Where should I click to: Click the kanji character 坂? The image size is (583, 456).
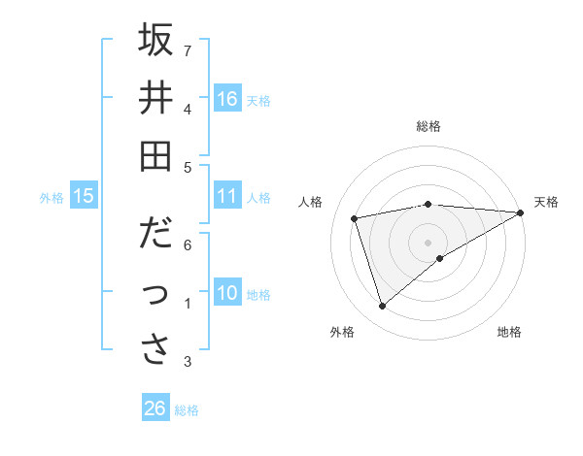coord(155,42)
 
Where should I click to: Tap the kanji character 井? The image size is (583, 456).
coord(155,98)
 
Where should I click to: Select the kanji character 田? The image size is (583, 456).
coord(155,154)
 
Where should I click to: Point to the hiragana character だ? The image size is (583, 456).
coord(155,235)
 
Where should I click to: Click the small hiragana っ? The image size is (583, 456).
coord(155,293)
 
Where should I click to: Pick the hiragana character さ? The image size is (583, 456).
coord(155,349)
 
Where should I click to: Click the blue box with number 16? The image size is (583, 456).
coord(227,99)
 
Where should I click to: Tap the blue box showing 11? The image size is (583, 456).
coord(227,197)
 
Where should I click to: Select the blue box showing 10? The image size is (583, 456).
coord(227,293)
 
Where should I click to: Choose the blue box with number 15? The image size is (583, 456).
coord(84,197)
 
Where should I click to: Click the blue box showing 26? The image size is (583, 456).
coord(155,408)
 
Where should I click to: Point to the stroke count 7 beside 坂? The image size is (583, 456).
coord(188,49)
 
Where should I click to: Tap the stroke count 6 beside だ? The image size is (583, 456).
coord(188,244)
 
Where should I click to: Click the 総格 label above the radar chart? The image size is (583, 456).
coord(429,126)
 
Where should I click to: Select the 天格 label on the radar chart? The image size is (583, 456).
coord(546,202)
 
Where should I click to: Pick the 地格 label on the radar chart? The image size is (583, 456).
coord(509,332)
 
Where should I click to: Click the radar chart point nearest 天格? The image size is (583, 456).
coord(522,212)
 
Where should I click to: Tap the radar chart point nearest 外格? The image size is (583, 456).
coord(382,307)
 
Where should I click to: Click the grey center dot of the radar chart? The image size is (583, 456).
coord(429,242)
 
